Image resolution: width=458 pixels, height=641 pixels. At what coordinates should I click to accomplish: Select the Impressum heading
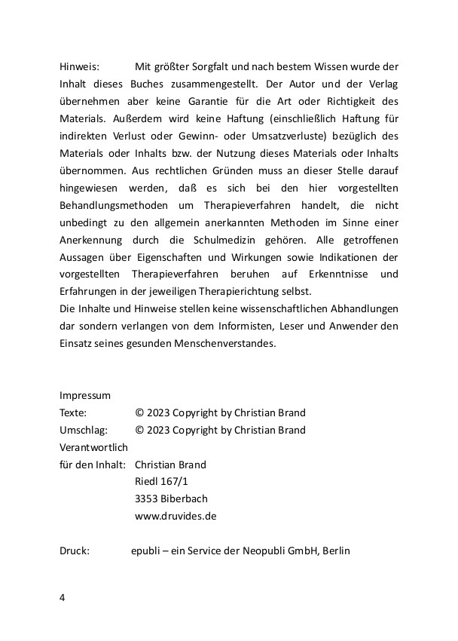pyautogui.click(x=85, y=395)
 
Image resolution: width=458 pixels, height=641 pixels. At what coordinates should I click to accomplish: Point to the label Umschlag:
pyautogui.click(x=84, y=430)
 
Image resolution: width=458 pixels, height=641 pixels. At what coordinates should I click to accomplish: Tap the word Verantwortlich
pyautogui.click(x=93, y=447)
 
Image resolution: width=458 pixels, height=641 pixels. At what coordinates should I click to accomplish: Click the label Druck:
pyautogui.click(x=75, y=551)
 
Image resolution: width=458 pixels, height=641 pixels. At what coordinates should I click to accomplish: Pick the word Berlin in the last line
pyautogui.click(x=336, y=551)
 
